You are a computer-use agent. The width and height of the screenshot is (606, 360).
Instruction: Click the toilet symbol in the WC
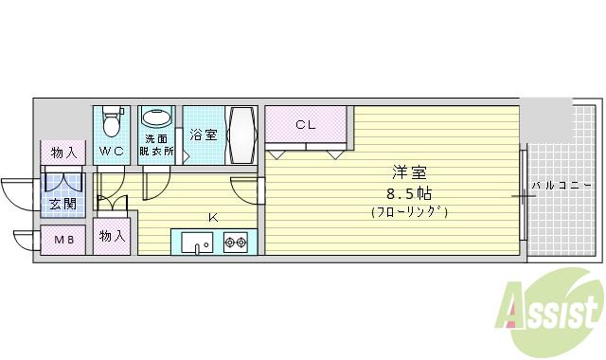pos(113,122)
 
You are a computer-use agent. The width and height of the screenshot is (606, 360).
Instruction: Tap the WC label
pos(113,152)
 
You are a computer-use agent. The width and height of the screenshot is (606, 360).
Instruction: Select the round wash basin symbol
pos(157,119)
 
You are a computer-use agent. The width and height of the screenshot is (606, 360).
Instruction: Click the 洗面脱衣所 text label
pos(156,145)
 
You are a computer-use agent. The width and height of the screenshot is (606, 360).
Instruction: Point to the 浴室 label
pos(203,135)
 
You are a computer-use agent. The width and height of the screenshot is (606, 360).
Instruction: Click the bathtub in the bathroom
pos(240,135)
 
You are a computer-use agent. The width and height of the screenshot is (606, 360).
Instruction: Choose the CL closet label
pos(305,124)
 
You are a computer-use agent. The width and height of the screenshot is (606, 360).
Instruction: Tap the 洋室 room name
pos(410,173)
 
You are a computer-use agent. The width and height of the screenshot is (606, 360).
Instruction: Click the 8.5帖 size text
pos(410,193)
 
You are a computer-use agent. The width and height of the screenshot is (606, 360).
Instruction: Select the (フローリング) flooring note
pos(410,212)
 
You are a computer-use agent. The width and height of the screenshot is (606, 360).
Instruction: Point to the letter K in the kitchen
pos(212,217)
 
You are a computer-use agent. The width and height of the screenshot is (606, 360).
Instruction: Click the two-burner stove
pos(235,243)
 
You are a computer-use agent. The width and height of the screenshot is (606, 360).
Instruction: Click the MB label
pos(63,241)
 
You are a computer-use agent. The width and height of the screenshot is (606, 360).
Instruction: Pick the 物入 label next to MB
pos(113,237)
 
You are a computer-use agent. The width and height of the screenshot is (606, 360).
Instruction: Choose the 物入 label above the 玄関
pos(63,153)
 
